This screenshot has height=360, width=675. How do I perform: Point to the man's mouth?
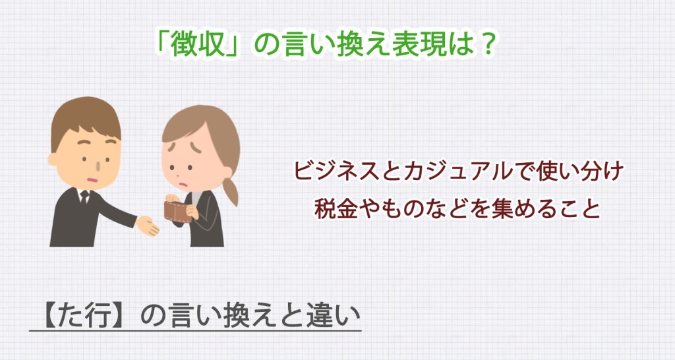[x=93, y=175]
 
